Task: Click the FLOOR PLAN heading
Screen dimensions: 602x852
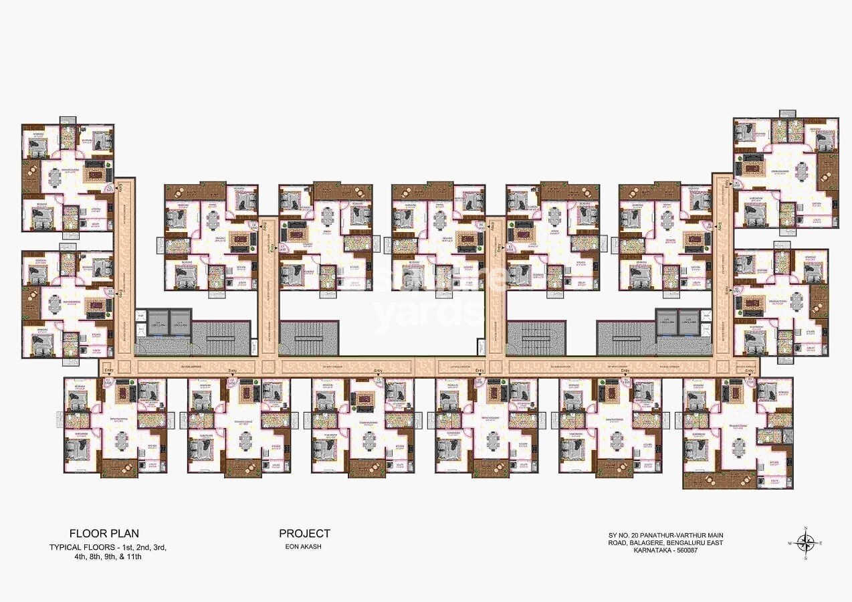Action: [x=104, y=533]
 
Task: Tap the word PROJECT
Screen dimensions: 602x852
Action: [x=304, y=533]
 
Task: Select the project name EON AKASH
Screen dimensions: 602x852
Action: [x=304, y=547]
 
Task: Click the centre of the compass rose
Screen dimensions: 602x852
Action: [x=807, y=542]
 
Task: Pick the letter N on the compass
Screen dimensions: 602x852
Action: [x=807, y=529]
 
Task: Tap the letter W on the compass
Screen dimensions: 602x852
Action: [x=790, y=543]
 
